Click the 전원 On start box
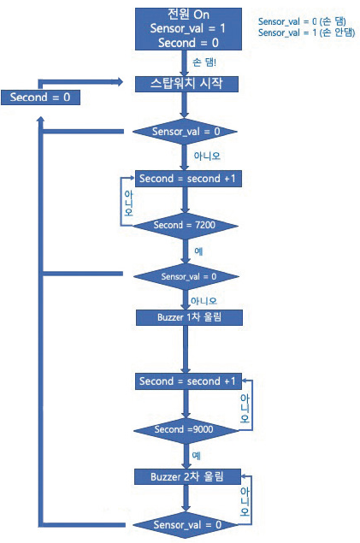pyautogui.click(x=188, y=29)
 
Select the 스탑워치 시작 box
pyautogui.click(x=186, y=84)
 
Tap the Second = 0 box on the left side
pyautogui.click(x=40, y=97)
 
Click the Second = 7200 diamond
pyautogui.click(x=186, y=226)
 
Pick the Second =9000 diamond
pyautogui.click(x=186, y=430)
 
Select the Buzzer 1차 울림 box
pyautogui.click(x=189, y=317)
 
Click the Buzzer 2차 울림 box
pyautogui.click(x=187, y=477)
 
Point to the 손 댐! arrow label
pyautogui.click(x=204, y=62)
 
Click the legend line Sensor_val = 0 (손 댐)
pyautogui.click(x=302, y=21)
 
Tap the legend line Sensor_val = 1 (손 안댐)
pyautogui.click(x=306, y=32)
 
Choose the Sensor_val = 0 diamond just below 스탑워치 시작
pyautogui.click(x=185, y=132)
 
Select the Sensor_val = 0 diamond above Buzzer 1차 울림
pyautogui.click(x=186, y=276)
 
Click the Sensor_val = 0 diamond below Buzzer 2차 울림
pyautogui.click(x=186, y=525)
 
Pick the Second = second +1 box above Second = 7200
pyautogui.click(x=188, y=179)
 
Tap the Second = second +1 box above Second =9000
pyautogui.click(x=188, y=381)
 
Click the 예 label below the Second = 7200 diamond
pyautogui.click(x=198, y=251)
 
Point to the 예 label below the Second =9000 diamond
pyautogui.click(x=197, y=456)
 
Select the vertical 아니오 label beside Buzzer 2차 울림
pyautogui.click(x=245, y=501)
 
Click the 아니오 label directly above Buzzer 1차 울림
pyautogui.click(x=204, y=301)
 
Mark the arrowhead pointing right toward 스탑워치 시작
pyautogui.click(x=120, y=82)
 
